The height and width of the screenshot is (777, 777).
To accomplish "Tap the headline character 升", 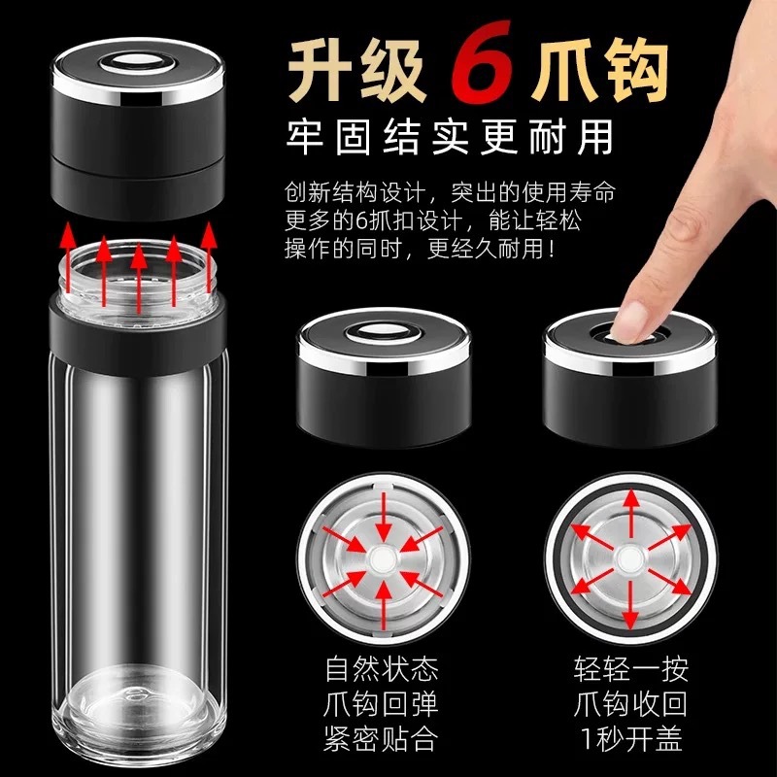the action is point(322,68).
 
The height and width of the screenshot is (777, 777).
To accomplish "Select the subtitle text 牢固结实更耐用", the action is point(450,136).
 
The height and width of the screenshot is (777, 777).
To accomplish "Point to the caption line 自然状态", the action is point(381,668).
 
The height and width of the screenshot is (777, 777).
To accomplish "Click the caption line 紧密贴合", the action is point(381,738).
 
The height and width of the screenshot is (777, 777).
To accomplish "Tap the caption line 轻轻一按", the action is point(630,668).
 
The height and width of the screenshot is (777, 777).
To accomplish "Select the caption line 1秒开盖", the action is point(630,738).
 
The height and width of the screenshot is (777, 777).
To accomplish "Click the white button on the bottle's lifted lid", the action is point(138,63).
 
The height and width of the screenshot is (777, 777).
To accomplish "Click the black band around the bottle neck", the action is point(138,329).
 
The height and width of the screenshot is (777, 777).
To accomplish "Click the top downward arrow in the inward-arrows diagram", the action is point(382,516).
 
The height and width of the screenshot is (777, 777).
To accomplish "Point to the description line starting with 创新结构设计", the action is point(450,192).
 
